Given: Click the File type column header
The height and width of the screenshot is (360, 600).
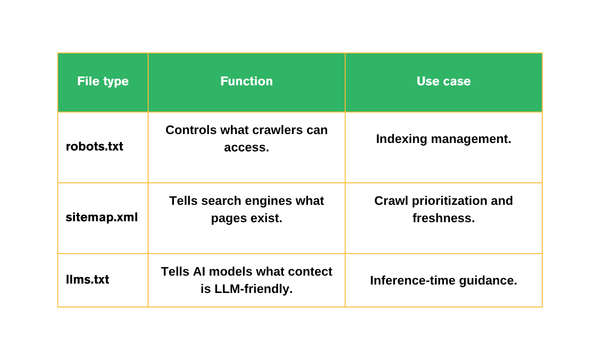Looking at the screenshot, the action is (x=103, y=82).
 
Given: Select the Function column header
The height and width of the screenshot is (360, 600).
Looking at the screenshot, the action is (x=247, y=81).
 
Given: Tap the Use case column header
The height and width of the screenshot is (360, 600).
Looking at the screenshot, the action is (x=443, y=81).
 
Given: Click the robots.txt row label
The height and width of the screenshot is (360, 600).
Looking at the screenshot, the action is (x=94, y=147).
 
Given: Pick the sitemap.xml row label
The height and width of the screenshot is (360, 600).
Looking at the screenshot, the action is (x=102, y=217).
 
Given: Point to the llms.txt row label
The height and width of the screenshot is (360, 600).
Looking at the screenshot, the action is (x=87, y=279).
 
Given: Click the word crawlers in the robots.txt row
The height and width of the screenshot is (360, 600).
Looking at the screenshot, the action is (x=277, y=130).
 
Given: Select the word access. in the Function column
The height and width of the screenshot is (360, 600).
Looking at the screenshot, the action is (x=247, y=148).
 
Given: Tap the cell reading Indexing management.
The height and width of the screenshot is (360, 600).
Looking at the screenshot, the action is (x=443, y=139).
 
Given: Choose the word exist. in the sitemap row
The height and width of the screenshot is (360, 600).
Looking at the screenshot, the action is (x=266, y=218).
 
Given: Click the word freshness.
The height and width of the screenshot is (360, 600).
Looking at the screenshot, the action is (x=443, y=218).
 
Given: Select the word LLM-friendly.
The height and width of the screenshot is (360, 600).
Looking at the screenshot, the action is (x=254, y=289).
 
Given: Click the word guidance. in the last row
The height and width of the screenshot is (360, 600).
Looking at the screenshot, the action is (x=488, y=281).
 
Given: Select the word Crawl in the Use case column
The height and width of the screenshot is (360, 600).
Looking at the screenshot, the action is (x=391, y=201).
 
